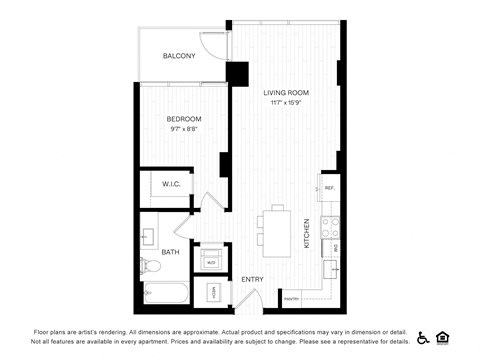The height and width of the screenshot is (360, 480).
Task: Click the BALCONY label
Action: click(x=180, y=57)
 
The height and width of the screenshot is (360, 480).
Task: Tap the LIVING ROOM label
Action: click(x=284, y=93)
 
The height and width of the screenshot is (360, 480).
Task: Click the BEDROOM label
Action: click(x=184, y=119)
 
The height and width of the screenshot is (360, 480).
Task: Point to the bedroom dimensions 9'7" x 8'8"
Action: click(x=184, y=129)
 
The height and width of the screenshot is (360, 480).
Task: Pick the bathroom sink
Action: click(x=146, y=237)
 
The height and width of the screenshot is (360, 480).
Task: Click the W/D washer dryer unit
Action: click(x=212, y=262)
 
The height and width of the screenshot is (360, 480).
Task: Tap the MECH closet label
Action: click(x=213, y=293)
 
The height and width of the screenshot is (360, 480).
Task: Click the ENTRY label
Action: click(x=252, y=279)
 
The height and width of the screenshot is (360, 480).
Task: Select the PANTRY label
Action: click(x=292, y=297)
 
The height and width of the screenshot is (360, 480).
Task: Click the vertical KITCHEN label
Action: click(x=306, y=236)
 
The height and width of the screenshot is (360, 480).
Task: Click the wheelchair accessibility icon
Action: click(x=423, y=337)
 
